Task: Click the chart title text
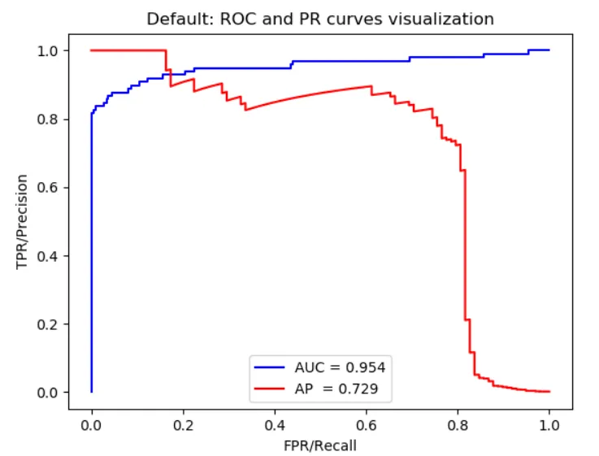click(x=320, y=19)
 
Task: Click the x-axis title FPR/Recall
click(x=320, y=445)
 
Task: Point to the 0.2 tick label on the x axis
click(x=183, y=425)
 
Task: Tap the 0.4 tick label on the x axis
click(x=275, y=425)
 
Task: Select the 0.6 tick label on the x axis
click(x=367, y=425)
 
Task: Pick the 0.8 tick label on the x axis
click(x=458, y=425)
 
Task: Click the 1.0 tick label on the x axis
click(x=549, y=425)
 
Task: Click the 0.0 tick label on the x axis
click(x=92, y=425)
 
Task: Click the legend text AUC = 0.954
click(x=340, y=367)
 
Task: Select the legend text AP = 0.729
click(x=340, y=389)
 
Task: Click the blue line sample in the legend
click(x=268, y=367)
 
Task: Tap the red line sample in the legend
click(x=268, y=389)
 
